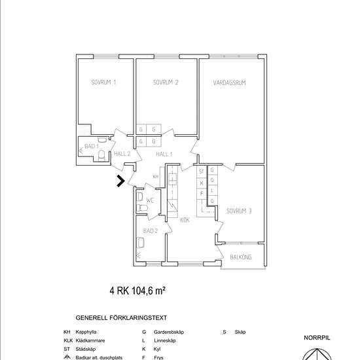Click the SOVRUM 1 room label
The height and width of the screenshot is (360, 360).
pos(103,82)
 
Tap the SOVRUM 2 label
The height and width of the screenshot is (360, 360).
pos(166,82)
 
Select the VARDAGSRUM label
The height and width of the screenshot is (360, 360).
pos(229,82)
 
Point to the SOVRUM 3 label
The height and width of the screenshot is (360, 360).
pos(240,211)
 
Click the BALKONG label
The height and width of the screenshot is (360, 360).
pos(241,257)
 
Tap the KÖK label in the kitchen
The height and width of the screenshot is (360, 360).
pos(185,220)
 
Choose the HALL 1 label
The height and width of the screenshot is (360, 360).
pos(164,154)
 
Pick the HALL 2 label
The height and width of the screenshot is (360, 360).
pos(122,154)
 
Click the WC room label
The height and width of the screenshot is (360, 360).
pos(150,200)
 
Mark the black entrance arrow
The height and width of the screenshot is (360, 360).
pos(120,181)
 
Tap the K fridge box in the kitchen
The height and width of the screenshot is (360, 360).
pos(202,183)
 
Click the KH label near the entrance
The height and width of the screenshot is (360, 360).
pos(156,177)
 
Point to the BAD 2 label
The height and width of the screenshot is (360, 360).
pos(151,231)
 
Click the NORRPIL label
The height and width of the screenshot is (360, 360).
pos(318,338)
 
